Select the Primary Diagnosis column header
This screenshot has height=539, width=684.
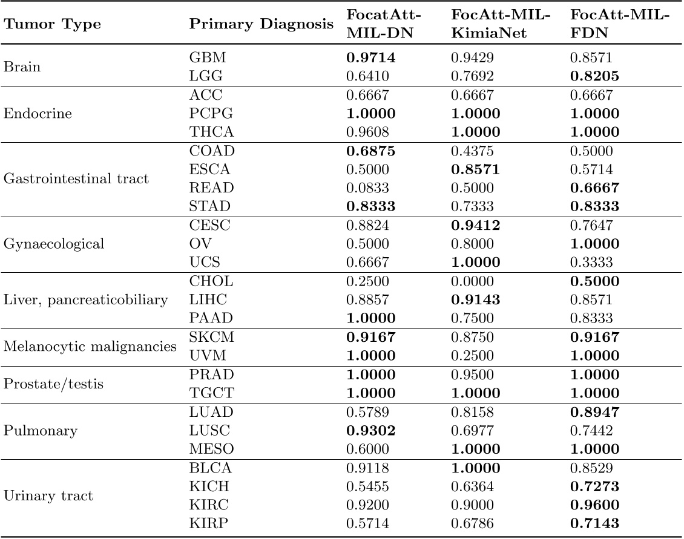261,25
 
